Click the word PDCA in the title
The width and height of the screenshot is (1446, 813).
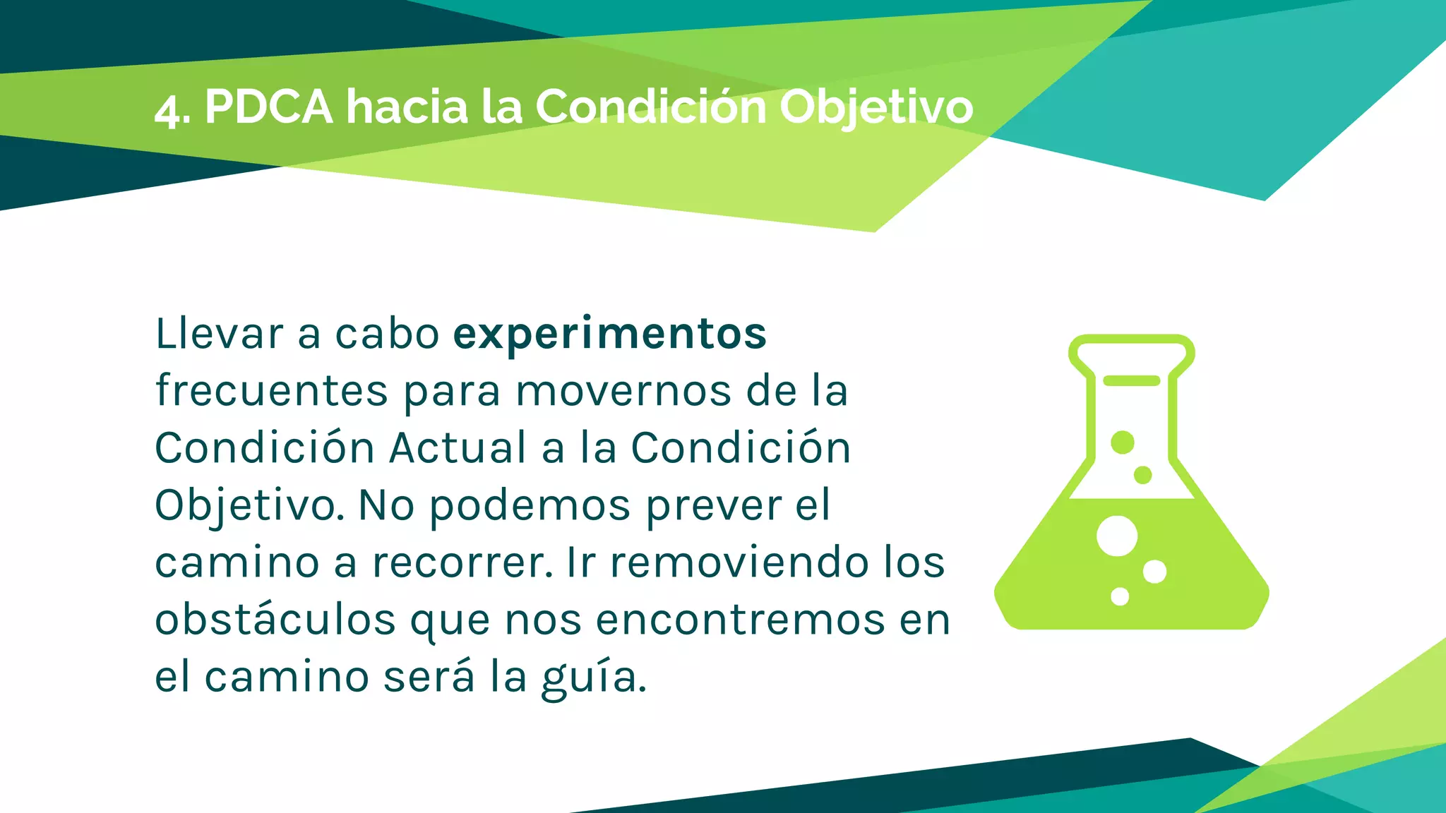[268, 107]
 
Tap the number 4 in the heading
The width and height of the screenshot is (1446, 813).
[167, 110]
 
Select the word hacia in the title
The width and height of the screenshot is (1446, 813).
[407, 107]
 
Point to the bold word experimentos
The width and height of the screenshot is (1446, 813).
[609, 335]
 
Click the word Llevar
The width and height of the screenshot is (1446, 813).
[219, 334]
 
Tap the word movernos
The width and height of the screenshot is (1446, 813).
[623, 391]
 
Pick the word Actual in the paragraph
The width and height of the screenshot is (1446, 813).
[458, 448]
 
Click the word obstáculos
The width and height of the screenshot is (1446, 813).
[275, 620]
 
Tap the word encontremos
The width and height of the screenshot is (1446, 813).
[740, 620]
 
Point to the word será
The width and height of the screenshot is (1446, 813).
[429, 677]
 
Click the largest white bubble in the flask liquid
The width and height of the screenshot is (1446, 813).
[1116, 536]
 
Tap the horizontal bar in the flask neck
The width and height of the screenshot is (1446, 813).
[1131, 381]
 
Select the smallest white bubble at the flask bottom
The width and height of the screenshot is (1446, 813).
[1120, 596]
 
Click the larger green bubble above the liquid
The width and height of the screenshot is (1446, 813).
[1122, 442]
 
